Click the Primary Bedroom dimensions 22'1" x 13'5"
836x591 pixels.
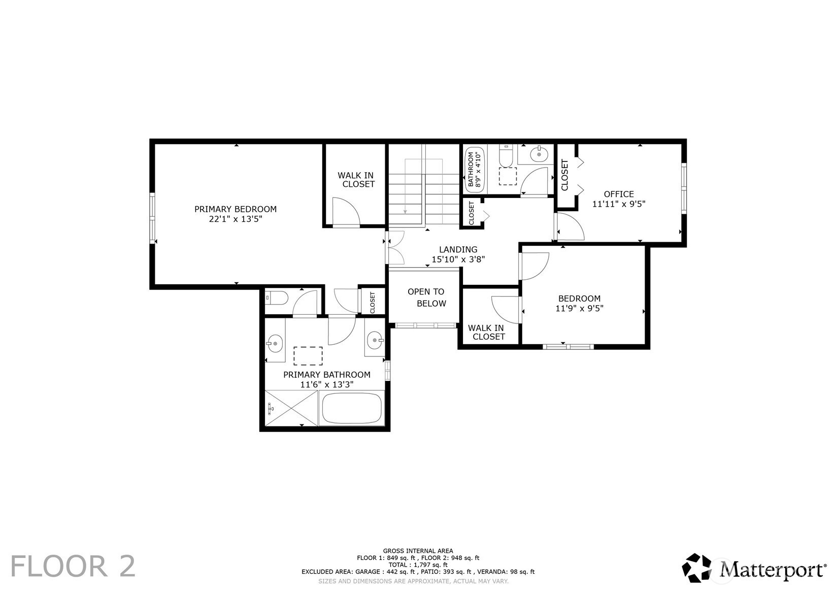click(236, 219)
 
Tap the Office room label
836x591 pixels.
click(619, 194)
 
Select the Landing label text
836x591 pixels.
click(458, 249)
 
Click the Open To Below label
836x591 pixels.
click(426, 298)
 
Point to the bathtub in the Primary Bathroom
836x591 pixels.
click(352, 408)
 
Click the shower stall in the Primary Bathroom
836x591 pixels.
click(291, 408)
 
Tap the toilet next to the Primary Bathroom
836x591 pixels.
click(277, 298)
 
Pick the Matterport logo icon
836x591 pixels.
click(696, 568)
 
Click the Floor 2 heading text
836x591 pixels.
click(73, 566)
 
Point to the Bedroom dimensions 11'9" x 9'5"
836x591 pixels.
click(580, 308)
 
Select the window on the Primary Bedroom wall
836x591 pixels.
click(152, 218)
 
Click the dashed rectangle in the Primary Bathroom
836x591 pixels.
click(308, 356)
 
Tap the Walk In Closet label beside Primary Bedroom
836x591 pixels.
click(356, 180)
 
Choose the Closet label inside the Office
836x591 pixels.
click(564, 175)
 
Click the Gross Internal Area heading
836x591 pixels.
click(418, 551)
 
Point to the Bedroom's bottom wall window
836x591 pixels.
click(568, 347)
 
